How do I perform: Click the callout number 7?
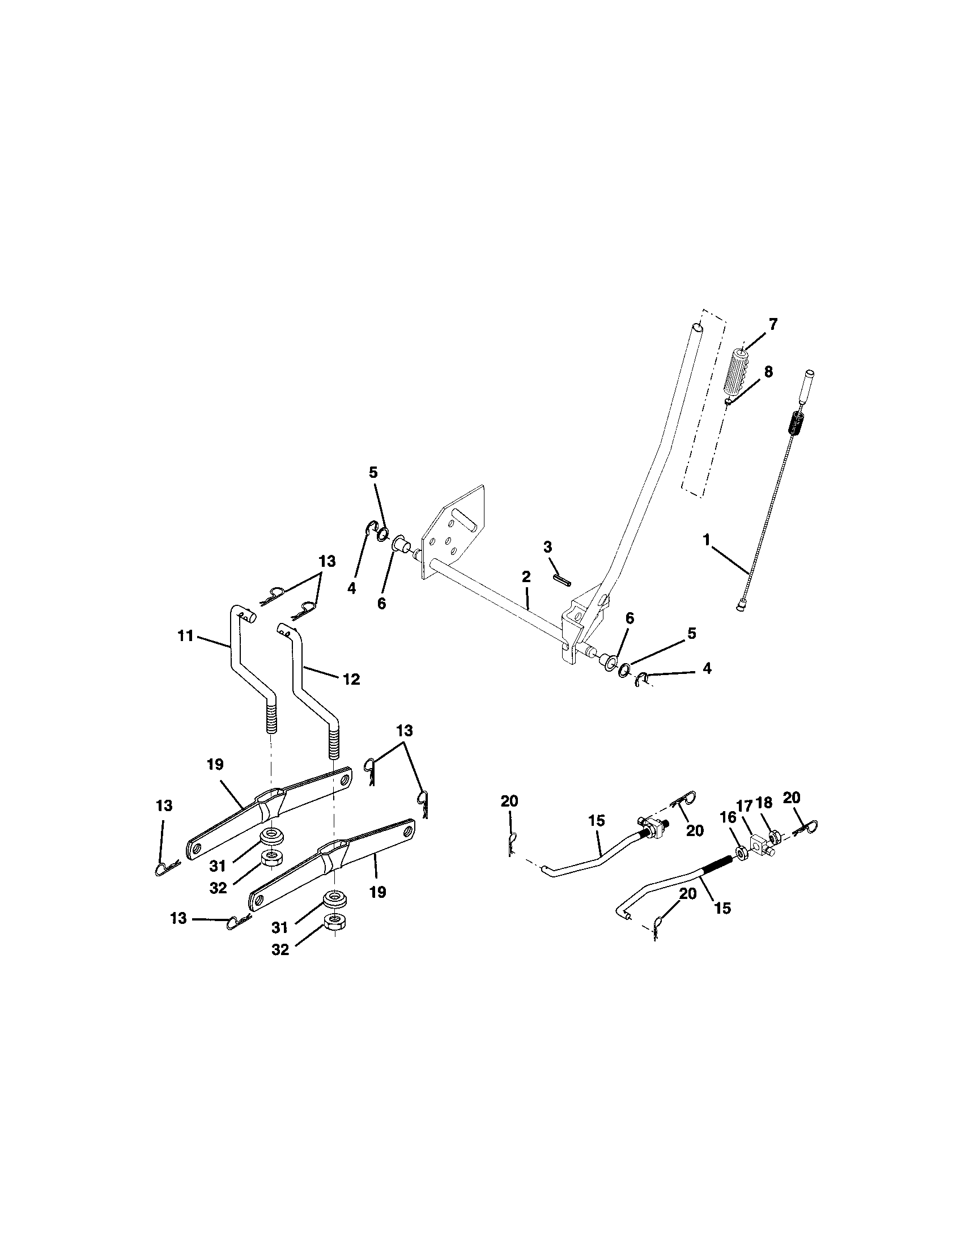pos(772,325)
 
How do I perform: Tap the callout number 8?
pos(768,372)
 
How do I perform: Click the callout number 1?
pos(707,539)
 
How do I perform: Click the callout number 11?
pos(185,635)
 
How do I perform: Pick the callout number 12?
pos(351,679)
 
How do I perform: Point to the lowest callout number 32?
pos(279,949)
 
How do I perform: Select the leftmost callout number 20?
pos(509,801)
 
